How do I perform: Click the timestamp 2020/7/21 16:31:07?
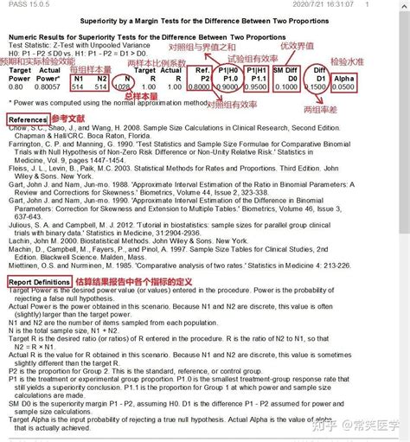(366, 4)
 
